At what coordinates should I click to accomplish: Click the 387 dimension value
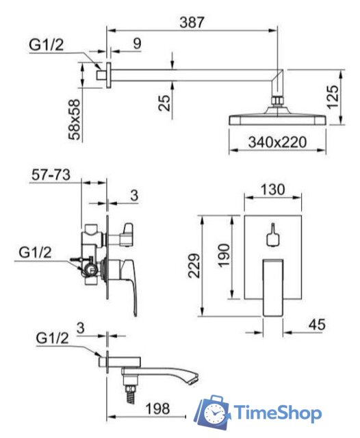coord(192,23)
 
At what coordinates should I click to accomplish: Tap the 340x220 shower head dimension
coord(277,142)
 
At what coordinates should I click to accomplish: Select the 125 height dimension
coord(333,97)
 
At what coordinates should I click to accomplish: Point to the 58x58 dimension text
coord(75,119)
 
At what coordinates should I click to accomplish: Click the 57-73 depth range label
coord(51,175)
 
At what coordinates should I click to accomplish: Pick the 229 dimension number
coord(194,266)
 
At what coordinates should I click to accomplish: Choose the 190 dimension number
coord(223,255)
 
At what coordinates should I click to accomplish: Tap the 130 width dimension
coord(272,190)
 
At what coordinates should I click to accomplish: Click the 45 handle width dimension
coord(317,324)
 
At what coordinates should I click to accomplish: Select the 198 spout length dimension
coord(157,409)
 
